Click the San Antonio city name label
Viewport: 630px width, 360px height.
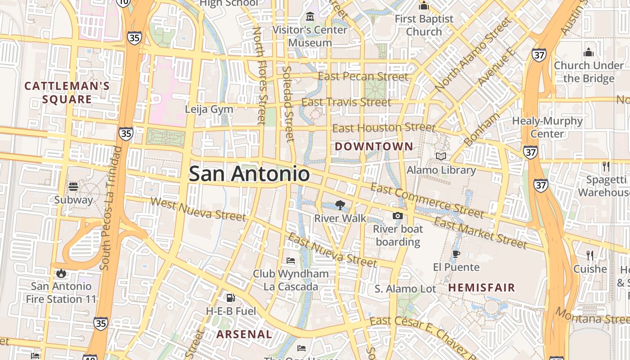[x=249, y=174]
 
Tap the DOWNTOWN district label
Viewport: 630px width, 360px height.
[x=373, y=146]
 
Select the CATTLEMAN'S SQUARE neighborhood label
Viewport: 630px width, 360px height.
[x=67, y=93]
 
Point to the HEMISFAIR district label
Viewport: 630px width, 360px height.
[x=481, y=288]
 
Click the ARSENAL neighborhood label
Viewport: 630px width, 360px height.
[x=244, y=334]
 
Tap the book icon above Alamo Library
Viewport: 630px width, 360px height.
[x=441, y=156]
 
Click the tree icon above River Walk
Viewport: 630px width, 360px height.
[x=340, y=205]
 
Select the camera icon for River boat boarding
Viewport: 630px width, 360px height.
[x=397, y=216]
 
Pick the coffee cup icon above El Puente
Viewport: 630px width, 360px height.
[x=456, y=254]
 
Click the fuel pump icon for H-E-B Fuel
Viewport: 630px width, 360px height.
[x=230, y=297]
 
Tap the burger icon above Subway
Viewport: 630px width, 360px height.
[x=73, y=186]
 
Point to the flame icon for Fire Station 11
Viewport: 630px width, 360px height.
[x=61, y=273]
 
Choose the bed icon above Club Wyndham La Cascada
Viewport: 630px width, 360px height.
[x=291, y=260]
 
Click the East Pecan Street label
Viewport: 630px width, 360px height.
[x=363, y=76]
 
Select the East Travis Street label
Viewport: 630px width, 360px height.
[x=346, y=103]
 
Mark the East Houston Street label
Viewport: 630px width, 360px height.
[x=383, y=128]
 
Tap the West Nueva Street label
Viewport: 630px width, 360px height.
[x=198, y=210]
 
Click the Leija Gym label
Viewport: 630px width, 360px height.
[x=209, y=109]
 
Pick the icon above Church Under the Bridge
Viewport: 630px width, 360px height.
[x=589, y=52]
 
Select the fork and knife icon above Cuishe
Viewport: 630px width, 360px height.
[x=589, y=256]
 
